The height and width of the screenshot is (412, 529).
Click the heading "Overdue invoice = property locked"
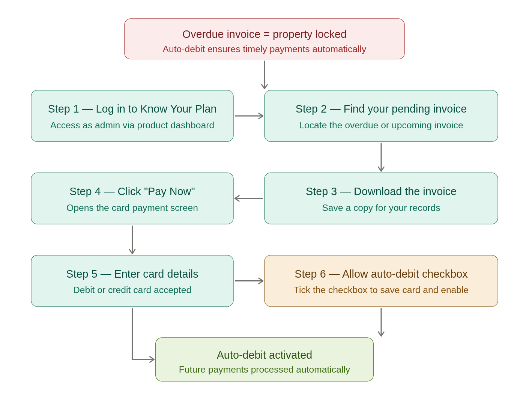click(264, 34)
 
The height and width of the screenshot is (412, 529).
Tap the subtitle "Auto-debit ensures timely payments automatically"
click(264, 49)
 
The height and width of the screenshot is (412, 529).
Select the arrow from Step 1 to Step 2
click(249, 116)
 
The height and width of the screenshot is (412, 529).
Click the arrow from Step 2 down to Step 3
click(381, 157)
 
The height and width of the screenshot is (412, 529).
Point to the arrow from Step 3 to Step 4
click(249, 198)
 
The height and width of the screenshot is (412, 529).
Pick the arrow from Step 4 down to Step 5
click(132, 239)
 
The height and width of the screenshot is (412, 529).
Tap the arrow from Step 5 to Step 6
click(249, 281)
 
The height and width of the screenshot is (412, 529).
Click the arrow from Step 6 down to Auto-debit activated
click(381, 322)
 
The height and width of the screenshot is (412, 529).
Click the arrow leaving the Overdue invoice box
click(264, 75)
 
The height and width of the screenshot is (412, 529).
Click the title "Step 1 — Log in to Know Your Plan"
click(132, 109)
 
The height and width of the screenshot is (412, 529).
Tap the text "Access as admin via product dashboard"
click(132, 125)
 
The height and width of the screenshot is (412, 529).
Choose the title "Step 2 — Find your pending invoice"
click(381, 109)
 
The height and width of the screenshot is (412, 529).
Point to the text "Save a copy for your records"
click(381, 208)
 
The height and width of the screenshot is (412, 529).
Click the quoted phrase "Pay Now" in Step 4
click(169, 191)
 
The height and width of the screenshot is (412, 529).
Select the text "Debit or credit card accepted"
click(132, 290)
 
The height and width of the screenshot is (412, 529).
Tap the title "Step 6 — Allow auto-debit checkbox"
click(381, 274)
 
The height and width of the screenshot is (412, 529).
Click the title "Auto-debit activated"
click(264, 355)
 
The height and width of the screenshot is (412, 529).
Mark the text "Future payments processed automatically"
click(264, 370)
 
